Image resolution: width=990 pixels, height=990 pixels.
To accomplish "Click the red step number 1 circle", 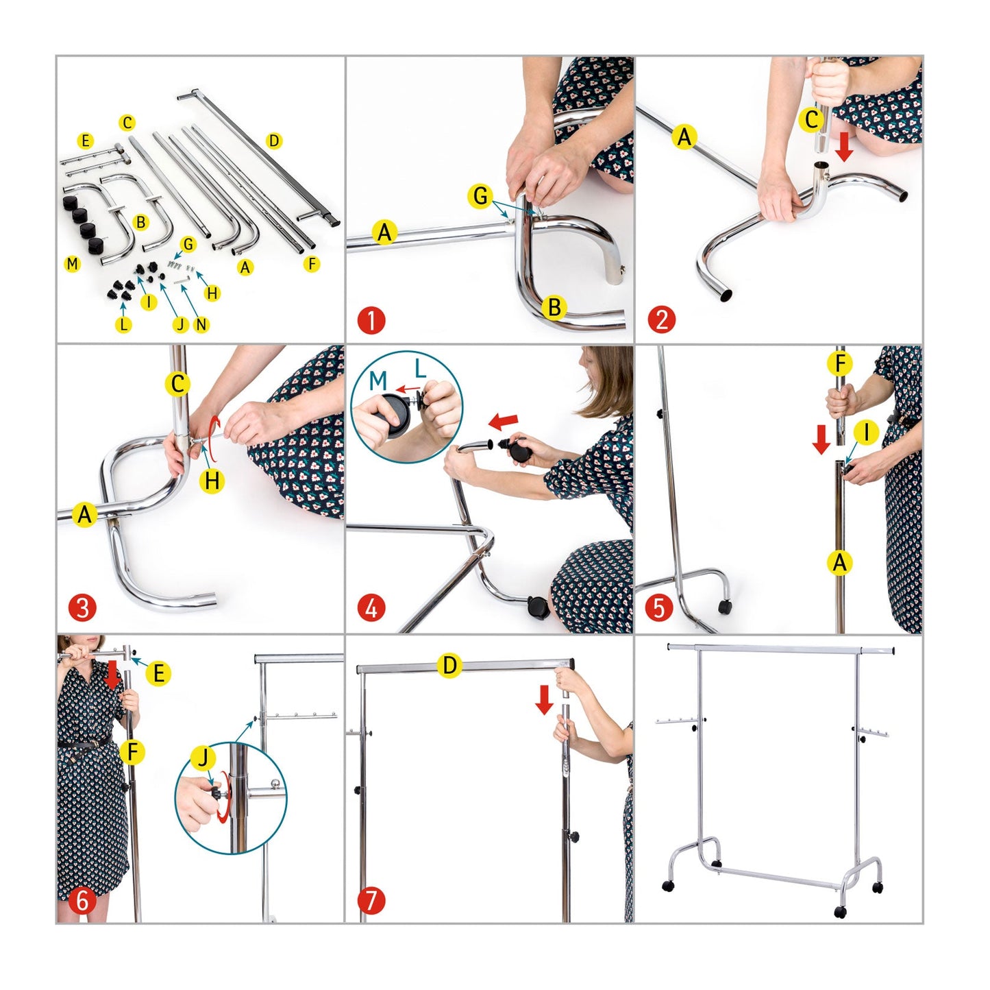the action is [x=371, y=320].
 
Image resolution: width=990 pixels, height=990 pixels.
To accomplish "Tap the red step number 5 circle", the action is [x=659, y=608].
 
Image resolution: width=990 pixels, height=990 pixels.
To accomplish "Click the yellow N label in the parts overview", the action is [x=201, y=324].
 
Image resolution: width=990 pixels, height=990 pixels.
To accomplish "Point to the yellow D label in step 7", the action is [x=449, y=666].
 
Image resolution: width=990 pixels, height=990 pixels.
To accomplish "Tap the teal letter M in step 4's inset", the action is [x=378, y=381].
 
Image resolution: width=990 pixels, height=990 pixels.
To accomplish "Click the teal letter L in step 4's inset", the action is [x=420, y=369].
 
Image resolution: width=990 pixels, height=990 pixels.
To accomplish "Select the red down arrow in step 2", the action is [x=844, y=147].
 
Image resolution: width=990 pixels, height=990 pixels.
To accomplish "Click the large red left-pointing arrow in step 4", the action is [x=504, y=422].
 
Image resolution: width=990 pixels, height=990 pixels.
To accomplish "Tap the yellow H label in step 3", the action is [x=212, y=481].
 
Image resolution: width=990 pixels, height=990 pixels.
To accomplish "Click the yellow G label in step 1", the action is [x=480, y=196].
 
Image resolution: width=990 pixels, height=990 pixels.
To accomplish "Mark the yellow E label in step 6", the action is [x=158, y=674].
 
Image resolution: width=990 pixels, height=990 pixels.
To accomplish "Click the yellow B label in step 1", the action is [x=554, y=308].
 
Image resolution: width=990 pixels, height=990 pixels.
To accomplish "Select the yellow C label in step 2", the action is [x=812, y=120].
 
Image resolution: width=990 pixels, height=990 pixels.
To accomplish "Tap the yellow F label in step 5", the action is [x=840, y=364].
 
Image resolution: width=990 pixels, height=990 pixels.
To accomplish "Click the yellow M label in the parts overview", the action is [x=73, y=264].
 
